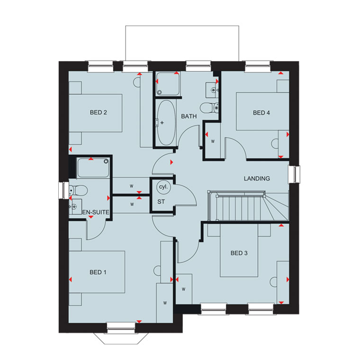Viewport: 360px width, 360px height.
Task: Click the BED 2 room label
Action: pyautogui.click(x=98, y=112)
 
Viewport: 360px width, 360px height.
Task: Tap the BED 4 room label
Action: pyautogui.click(x=261, y=113)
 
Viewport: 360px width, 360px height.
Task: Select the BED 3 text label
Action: pyautogui.click(x=239, y=253)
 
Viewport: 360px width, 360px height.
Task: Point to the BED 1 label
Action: pyautogui.click(x=98, y=272)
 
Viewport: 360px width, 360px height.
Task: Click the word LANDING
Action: pyautogui.click(x=257, y=179)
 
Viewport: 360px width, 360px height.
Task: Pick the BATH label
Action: pyautogui.click(x=189, y=116)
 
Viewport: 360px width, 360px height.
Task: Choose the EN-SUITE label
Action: pyautogui.click(x=96, y=212)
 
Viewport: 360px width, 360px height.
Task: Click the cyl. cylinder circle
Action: pyautogui.click(x=163, y=187)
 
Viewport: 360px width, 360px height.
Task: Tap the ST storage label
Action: pyautogui.click(x=161, y=202)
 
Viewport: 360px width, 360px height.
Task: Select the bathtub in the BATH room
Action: pyautogui.click(x=166, y=123)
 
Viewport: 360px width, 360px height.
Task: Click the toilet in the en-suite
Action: pyautogui.click(x=78, y=190)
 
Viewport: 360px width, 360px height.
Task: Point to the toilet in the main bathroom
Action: pyautogui.click(x=209, y=108)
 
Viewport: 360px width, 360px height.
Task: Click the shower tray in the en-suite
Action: pyautogui.click(x=93, y=168)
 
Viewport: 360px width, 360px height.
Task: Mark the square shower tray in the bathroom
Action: pyautogui.click(x=168, y=83)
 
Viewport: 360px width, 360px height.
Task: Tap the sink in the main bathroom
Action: pyautogui.click(x=212, y=90)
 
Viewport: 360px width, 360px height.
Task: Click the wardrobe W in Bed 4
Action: pyautogui.click(x=213, y=141)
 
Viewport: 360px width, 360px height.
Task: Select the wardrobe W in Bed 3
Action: pyautogui.click(x=184, y=289)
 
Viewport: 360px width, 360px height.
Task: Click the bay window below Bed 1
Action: pyautogui.click(x=121, y=338)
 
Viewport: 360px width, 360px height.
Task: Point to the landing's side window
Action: pyautogui.click(x=294, y=174)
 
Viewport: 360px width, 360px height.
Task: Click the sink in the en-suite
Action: pyautogui.click(x=75, y=207)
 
